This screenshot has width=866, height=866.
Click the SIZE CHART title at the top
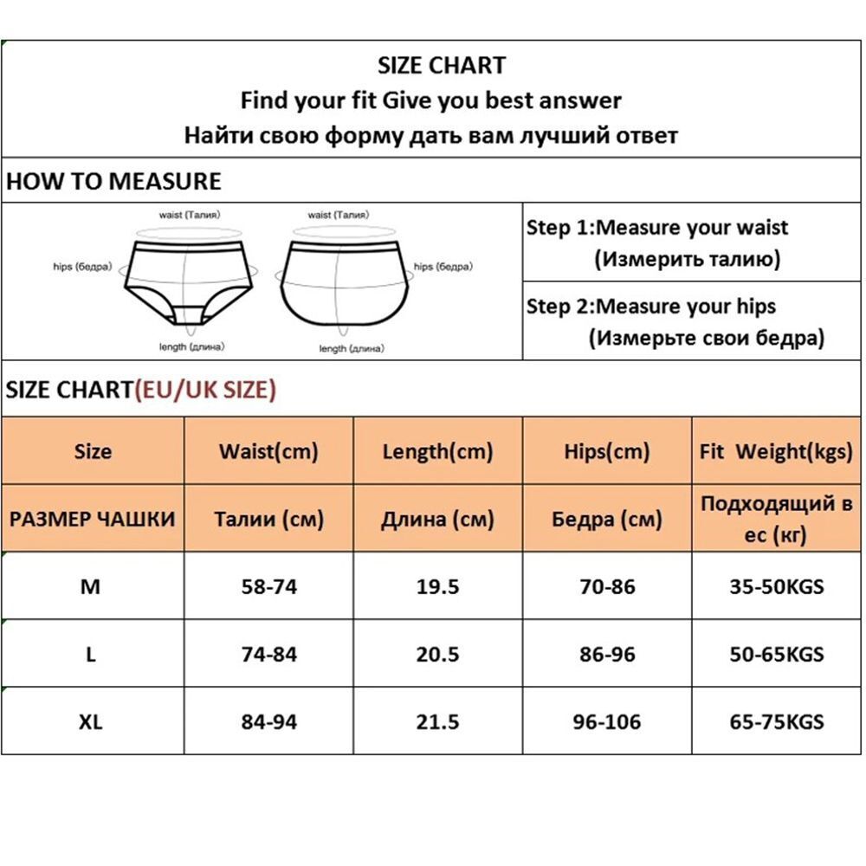coord(442,65)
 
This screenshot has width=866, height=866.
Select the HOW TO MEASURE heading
coord(113,181)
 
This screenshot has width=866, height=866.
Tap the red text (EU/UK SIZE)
coord(204,390)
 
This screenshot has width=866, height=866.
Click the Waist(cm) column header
coord(268,451)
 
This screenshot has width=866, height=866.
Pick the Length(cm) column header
coord(437,451)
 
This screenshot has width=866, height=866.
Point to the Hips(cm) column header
coord(606,451)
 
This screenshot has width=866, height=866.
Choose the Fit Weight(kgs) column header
coord(776,451)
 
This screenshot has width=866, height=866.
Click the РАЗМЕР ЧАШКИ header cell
coord(92,519)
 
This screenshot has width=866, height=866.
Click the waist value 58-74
coord(268,586)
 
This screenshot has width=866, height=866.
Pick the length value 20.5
coord(437,654)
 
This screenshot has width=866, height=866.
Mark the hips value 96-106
coord(606,721)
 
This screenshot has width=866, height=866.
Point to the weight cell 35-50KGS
coord(776,586)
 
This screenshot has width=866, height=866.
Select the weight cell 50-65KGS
coord(776,654)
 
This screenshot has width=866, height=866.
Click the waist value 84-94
coord(268,721)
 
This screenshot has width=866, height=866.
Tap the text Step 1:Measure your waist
coord(657,228)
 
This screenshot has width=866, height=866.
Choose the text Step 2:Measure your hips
coord(651,307)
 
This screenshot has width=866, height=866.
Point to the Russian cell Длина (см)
coord(437,519)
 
